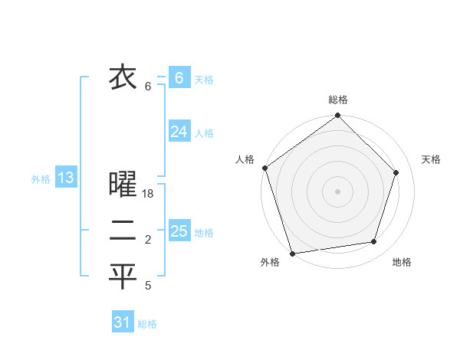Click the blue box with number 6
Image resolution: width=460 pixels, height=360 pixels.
[179, 77]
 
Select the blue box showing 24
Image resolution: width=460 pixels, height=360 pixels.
[179, 132]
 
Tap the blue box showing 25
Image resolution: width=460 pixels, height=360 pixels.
[179, 231]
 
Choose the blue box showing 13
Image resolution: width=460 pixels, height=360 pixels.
[65, 178]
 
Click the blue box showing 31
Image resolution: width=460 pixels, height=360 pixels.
[122, 322]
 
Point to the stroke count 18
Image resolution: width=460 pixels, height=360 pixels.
[149, 195]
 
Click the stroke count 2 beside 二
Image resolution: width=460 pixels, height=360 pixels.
[148, 241]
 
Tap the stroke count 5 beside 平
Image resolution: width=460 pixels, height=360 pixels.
[148, 286]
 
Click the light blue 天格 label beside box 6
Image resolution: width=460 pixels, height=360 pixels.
[204, 79]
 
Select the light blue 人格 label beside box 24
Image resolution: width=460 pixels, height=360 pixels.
[204, 133]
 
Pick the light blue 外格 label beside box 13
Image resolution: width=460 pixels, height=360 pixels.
[41, 179]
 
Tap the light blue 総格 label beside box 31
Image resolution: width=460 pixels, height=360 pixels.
[147, 324]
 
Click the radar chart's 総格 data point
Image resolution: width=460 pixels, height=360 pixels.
[337, 116]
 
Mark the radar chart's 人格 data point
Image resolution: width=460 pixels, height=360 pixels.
[264, 168]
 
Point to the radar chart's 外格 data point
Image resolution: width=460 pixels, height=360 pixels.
[293, 253]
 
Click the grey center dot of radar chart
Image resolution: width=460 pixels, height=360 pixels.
[337, 191]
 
